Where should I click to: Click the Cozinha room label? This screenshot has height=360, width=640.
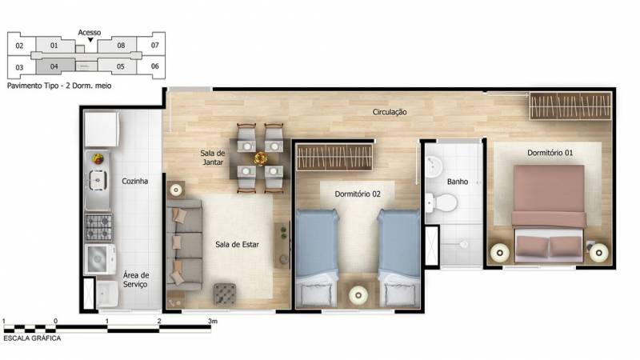[134, 182]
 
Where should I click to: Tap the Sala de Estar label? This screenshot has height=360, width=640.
[237, 245]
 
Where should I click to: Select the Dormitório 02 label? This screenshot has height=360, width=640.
[358, 194]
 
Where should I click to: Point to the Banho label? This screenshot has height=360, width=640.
[458, 182]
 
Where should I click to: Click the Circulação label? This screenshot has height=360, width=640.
[390, 112]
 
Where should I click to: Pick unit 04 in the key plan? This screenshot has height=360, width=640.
[54, 66]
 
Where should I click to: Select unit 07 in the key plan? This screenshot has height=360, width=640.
[154, 46]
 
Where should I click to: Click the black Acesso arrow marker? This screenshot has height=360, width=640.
[90, 39]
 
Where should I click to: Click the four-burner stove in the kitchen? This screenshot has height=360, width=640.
[98, 227]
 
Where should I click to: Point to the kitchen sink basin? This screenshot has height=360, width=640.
[98, 180]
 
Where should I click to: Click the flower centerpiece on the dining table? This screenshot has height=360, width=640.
[260, 158]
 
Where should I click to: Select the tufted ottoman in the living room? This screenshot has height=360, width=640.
[225, 294]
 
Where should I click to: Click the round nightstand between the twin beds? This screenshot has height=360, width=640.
[358, 294]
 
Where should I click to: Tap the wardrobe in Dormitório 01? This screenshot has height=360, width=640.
[570, 106]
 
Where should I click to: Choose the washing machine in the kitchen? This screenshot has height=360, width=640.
[99, 259]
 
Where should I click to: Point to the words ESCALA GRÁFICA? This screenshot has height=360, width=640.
[32, 338]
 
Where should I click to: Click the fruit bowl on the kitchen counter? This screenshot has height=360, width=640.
[98, 158]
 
